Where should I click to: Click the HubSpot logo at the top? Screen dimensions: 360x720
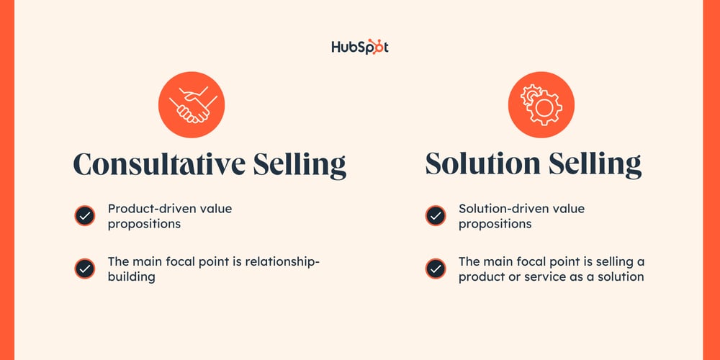pos(360,47)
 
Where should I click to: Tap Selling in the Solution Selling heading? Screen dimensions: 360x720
pos(597,164)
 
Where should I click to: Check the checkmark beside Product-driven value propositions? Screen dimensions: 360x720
pos(84,216)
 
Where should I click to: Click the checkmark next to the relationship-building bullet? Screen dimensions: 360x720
pos(84,269)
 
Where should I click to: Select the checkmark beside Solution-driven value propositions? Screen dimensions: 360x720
pos(435,216)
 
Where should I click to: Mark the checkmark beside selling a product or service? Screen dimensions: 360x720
pos(435,269)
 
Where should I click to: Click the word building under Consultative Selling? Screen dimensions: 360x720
pos(131,276)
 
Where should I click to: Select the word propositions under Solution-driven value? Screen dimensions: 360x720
pos(495,224)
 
